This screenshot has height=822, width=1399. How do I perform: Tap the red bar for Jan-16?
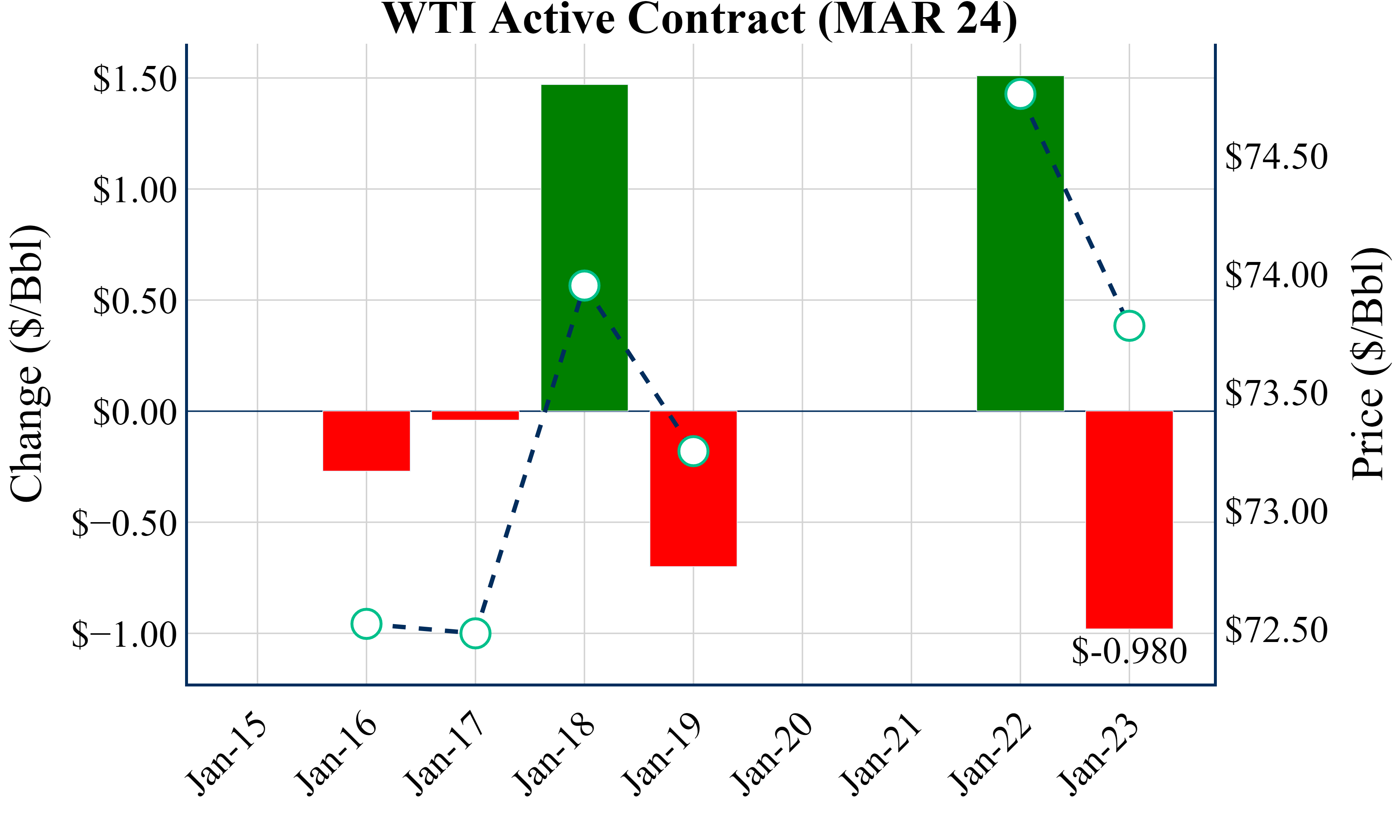tap(367, 441)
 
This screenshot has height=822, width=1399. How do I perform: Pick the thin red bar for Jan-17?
tap(475, 415)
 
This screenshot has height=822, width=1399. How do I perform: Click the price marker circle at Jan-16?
tap(367, 624)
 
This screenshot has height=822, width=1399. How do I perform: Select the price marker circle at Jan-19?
tap(693, 450)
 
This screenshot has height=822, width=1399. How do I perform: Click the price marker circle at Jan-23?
tap(1129, 325)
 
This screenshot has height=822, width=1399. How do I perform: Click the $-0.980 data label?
tap(1129, 651)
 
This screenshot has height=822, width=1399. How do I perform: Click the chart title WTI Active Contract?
tap(699, 19)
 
